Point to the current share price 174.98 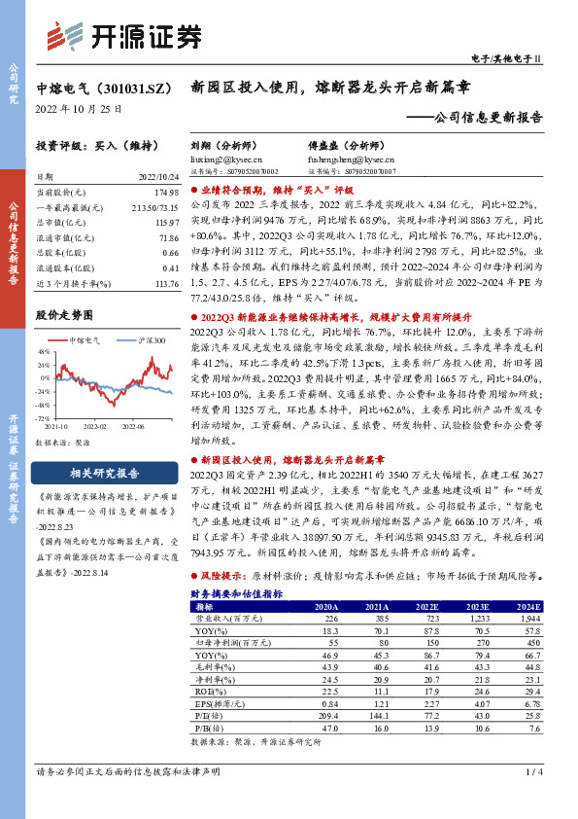pyautogui.click(x=168, y=194)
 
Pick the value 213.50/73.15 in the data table pyautogui.click(x=159, y=209)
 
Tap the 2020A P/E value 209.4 pyautogui.click(x=326, y=715)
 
